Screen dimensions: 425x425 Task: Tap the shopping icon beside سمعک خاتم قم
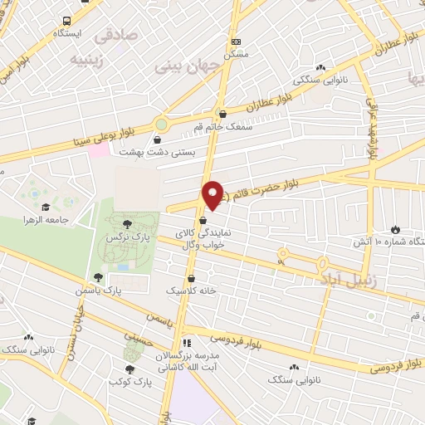pyautogui.click(x=222, y=114)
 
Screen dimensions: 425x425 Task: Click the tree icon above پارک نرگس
pyautogui.click(x=127, y=223)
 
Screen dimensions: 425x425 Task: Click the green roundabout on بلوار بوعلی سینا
pyautogui.click(x=161, y=125)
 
